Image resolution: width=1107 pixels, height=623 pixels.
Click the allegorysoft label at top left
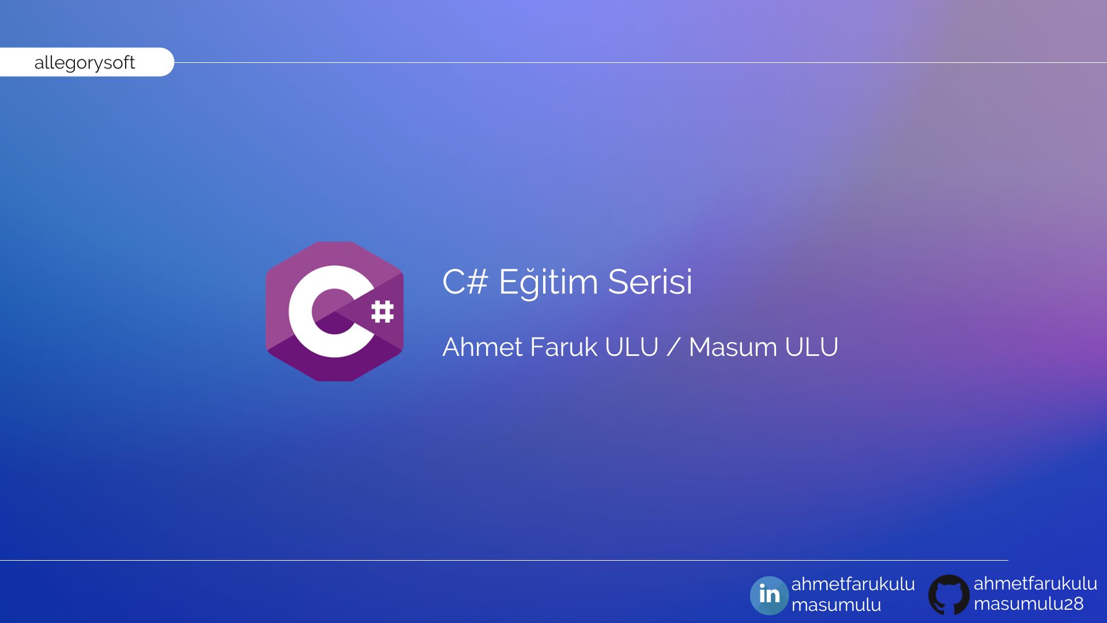[85, 62]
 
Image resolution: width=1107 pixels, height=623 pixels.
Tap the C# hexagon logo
[334, 311]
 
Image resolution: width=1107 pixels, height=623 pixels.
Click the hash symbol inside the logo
[382, 312]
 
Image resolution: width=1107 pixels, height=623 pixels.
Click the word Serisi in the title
[650, 282]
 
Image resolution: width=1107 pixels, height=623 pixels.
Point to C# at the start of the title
[465, 282]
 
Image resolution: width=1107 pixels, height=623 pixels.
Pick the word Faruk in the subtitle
[563, 347]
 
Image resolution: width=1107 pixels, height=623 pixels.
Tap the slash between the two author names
[673, 347]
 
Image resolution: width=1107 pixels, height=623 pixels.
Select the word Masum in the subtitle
[732, 347]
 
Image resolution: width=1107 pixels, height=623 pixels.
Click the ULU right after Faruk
[632, 347]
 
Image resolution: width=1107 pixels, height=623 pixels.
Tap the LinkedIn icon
[769, 595]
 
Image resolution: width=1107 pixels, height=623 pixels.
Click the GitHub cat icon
[949, 595]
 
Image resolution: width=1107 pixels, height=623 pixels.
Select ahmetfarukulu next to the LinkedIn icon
[853, 584]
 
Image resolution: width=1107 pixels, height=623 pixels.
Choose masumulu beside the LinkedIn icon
[836, 605]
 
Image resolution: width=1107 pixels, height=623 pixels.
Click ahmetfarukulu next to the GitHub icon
[1036, 583]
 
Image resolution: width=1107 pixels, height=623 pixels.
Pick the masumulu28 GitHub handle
[1029, 604]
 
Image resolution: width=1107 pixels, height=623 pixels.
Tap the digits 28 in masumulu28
[1073, 604]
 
